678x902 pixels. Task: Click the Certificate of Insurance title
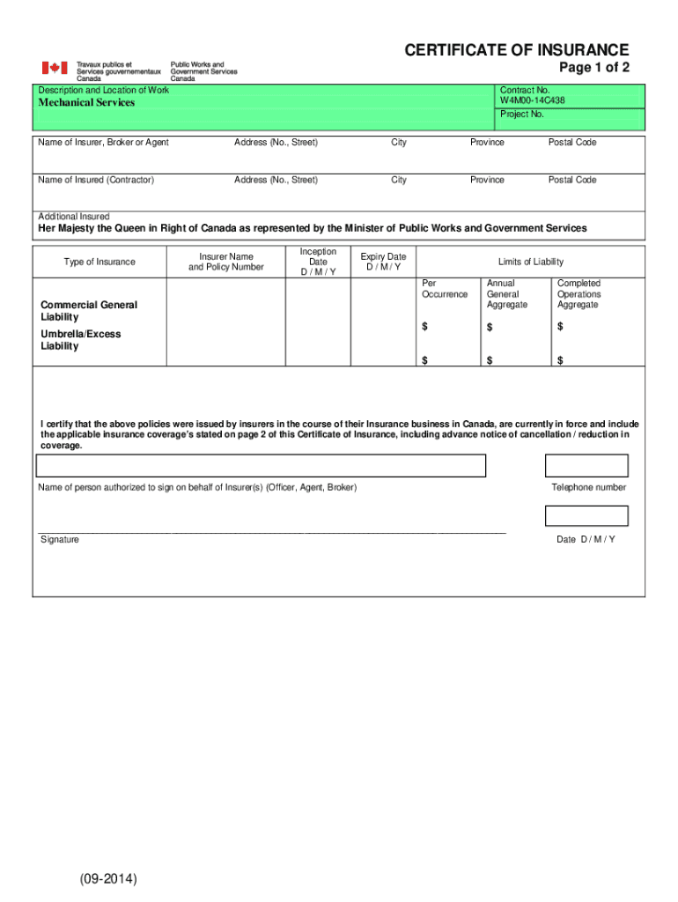(517, 51)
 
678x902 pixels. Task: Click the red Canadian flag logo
(55, 68)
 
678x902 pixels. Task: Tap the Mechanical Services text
(86, 103)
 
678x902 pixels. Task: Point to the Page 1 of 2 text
(594, 70)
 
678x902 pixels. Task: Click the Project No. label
(522, 115)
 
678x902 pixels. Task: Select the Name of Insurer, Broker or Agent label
(103, 143)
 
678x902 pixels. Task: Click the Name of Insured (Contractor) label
(96, 181)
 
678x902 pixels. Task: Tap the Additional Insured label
(74, 217)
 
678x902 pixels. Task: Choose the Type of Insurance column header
(99, 262)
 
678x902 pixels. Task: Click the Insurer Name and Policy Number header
(226, 262)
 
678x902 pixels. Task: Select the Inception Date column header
(318, 262)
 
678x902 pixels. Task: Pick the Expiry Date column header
(383, 262)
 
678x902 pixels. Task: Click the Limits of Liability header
(530, 262)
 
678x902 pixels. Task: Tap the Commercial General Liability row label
(88, 311)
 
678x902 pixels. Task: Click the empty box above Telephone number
(586, 466)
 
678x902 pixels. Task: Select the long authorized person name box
(261, 466)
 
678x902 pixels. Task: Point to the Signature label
(59, 540)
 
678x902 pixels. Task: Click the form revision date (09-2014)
(107, 879)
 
